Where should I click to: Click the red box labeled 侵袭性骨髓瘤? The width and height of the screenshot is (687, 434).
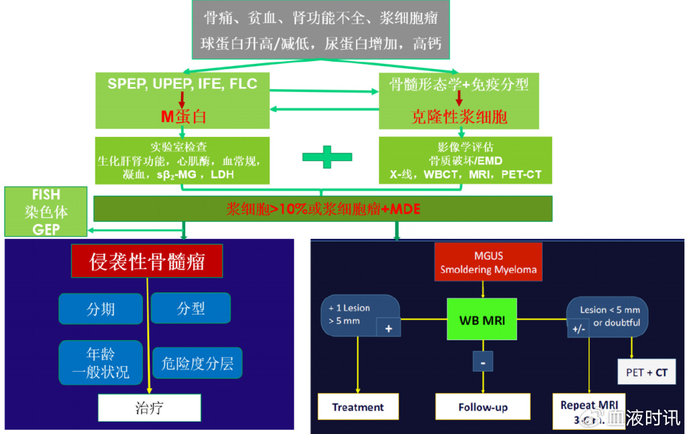[147, 261]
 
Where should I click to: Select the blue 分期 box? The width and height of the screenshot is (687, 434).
[101, 309]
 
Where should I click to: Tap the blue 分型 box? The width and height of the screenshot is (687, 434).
[191, 309]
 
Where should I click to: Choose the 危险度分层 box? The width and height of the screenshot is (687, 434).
[197, 363]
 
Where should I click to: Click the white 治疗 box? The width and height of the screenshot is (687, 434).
[149, 407]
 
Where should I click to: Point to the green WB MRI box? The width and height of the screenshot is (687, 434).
[482, 320]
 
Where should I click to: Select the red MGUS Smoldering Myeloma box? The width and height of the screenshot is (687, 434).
[488, 262]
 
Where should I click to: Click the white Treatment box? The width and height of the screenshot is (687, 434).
[358, 406]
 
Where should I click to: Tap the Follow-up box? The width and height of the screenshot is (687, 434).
[482, 406]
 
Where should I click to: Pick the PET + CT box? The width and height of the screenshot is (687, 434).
[647, 372]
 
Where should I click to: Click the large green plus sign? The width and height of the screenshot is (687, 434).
[327, 157]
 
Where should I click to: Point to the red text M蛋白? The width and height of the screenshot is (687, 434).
[183, 117]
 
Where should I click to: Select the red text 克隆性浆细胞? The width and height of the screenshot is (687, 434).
[459, 117]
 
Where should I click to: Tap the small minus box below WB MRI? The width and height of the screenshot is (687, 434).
[482, 362]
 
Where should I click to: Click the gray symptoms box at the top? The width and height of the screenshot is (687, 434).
[321, 30]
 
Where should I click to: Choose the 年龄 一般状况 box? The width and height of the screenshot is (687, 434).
[101, 362]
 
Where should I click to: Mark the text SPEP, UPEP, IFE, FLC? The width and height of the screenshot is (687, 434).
[182, 84]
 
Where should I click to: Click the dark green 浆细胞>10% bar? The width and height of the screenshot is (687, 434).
[323, 209]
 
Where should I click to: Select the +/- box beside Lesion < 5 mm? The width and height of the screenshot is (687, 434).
[578, 329]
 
